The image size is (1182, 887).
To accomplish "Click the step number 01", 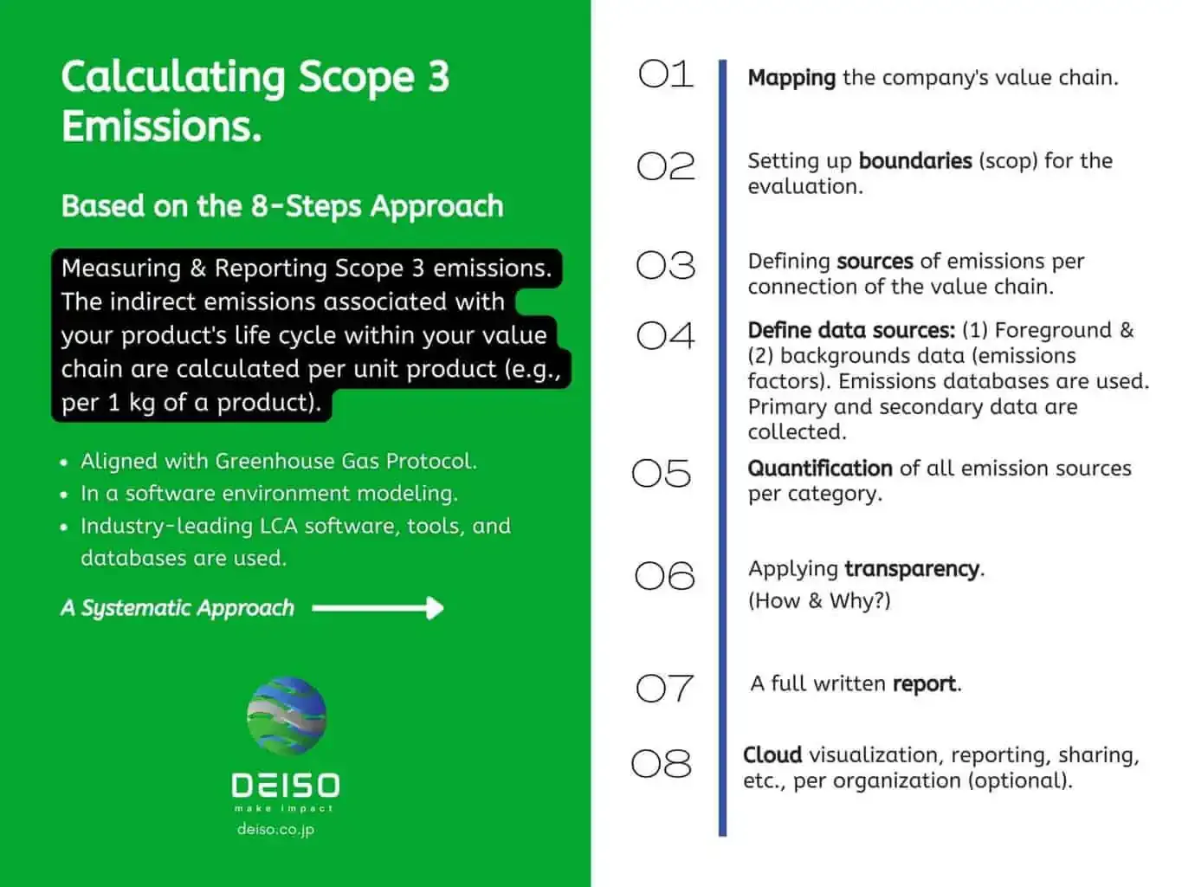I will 665,74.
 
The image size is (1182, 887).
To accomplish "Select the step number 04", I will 665,335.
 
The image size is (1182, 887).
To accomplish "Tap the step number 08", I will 662,764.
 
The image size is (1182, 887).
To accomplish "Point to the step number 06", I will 664,576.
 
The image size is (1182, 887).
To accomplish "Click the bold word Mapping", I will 791,78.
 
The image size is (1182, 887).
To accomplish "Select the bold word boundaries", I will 914,161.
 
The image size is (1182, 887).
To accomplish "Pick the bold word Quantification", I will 819,469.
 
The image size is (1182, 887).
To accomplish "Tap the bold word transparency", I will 911,569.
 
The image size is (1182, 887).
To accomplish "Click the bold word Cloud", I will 772,755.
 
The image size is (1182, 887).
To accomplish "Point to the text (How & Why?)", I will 818,601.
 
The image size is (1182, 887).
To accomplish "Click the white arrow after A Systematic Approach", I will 378,608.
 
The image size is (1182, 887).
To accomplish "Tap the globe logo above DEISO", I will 287,715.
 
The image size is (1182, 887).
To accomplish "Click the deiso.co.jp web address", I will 275,829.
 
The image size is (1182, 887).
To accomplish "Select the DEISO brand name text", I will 285,786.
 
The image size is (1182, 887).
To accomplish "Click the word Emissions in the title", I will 161,126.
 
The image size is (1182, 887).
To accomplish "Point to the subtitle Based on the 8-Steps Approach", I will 281,206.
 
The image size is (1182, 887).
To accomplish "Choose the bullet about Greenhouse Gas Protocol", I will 278,461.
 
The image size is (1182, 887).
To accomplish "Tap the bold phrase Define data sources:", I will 850,331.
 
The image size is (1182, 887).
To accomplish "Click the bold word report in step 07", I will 924,684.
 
